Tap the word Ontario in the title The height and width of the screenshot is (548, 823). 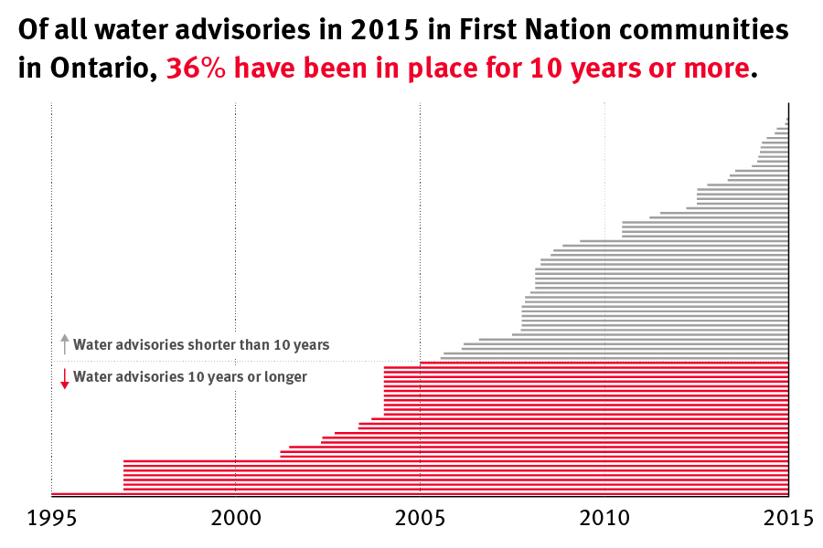tap(99, 69)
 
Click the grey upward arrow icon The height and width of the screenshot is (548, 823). tap(64, 344)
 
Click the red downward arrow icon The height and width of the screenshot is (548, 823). tap(64, 378)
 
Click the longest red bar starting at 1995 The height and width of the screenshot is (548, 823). tap(87, 493)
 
